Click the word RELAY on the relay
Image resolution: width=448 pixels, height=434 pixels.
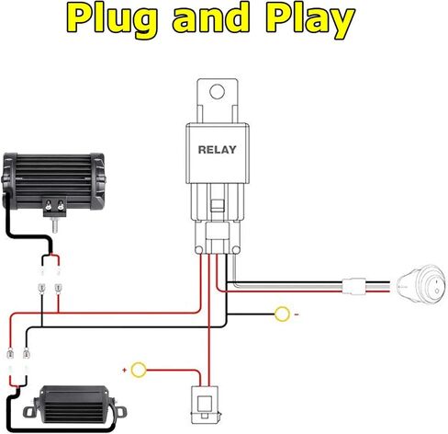pos(218,150)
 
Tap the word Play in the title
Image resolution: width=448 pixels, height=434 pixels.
pos(310,20)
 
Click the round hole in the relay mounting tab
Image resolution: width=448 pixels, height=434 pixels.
pos(217,91)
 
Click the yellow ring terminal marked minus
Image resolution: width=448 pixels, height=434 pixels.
pos(282,314)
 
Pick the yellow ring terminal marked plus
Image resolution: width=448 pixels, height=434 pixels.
pos(139,370)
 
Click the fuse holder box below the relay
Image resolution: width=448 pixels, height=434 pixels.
pos(205,405)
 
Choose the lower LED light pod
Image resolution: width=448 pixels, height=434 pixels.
pos(75,405)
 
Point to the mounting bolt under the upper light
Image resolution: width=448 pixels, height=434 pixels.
pos(55,224)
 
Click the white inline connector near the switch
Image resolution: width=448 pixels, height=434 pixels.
pos(354,286)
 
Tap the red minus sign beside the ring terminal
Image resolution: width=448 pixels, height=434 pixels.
pos(297,314)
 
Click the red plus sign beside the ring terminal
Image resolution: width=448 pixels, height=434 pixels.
pos(124,371)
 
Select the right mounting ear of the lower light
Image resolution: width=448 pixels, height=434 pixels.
pos(120,411)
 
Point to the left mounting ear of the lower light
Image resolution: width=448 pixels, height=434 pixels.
pos(29,412)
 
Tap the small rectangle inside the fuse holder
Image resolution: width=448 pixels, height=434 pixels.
pos(205,404)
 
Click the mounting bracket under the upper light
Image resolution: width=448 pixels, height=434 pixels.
pos(55,206)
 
